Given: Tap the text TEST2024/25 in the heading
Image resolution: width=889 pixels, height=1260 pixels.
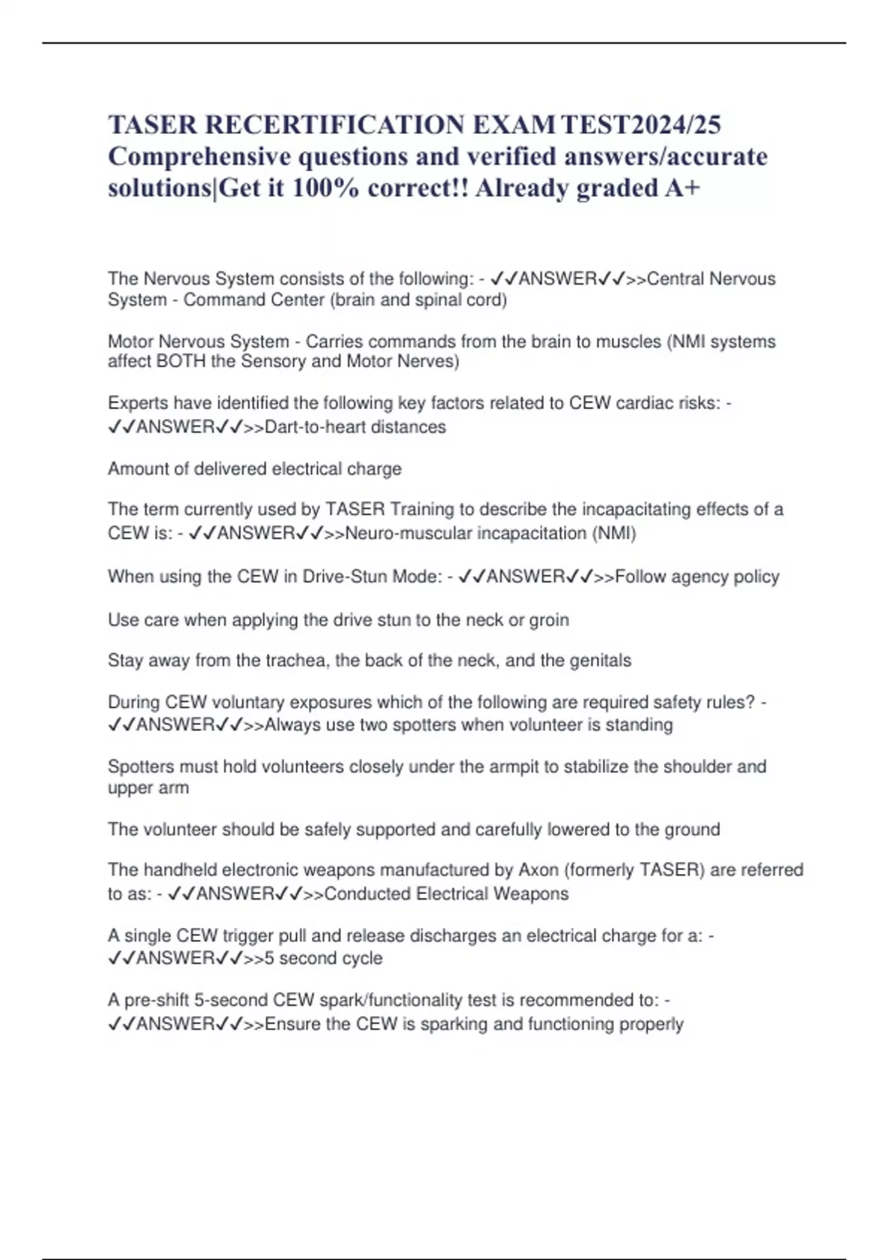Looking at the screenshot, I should (x=641, y=125).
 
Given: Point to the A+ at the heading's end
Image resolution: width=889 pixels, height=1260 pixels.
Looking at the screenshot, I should (x=682, y=188).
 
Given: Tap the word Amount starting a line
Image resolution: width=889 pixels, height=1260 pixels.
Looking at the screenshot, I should (x=138, y=469).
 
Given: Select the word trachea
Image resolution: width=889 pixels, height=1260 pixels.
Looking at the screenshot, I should (x=296, y=660).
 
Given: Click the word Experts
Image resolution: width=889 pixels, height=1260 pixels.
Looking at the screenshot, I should (x=136, y=403).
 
